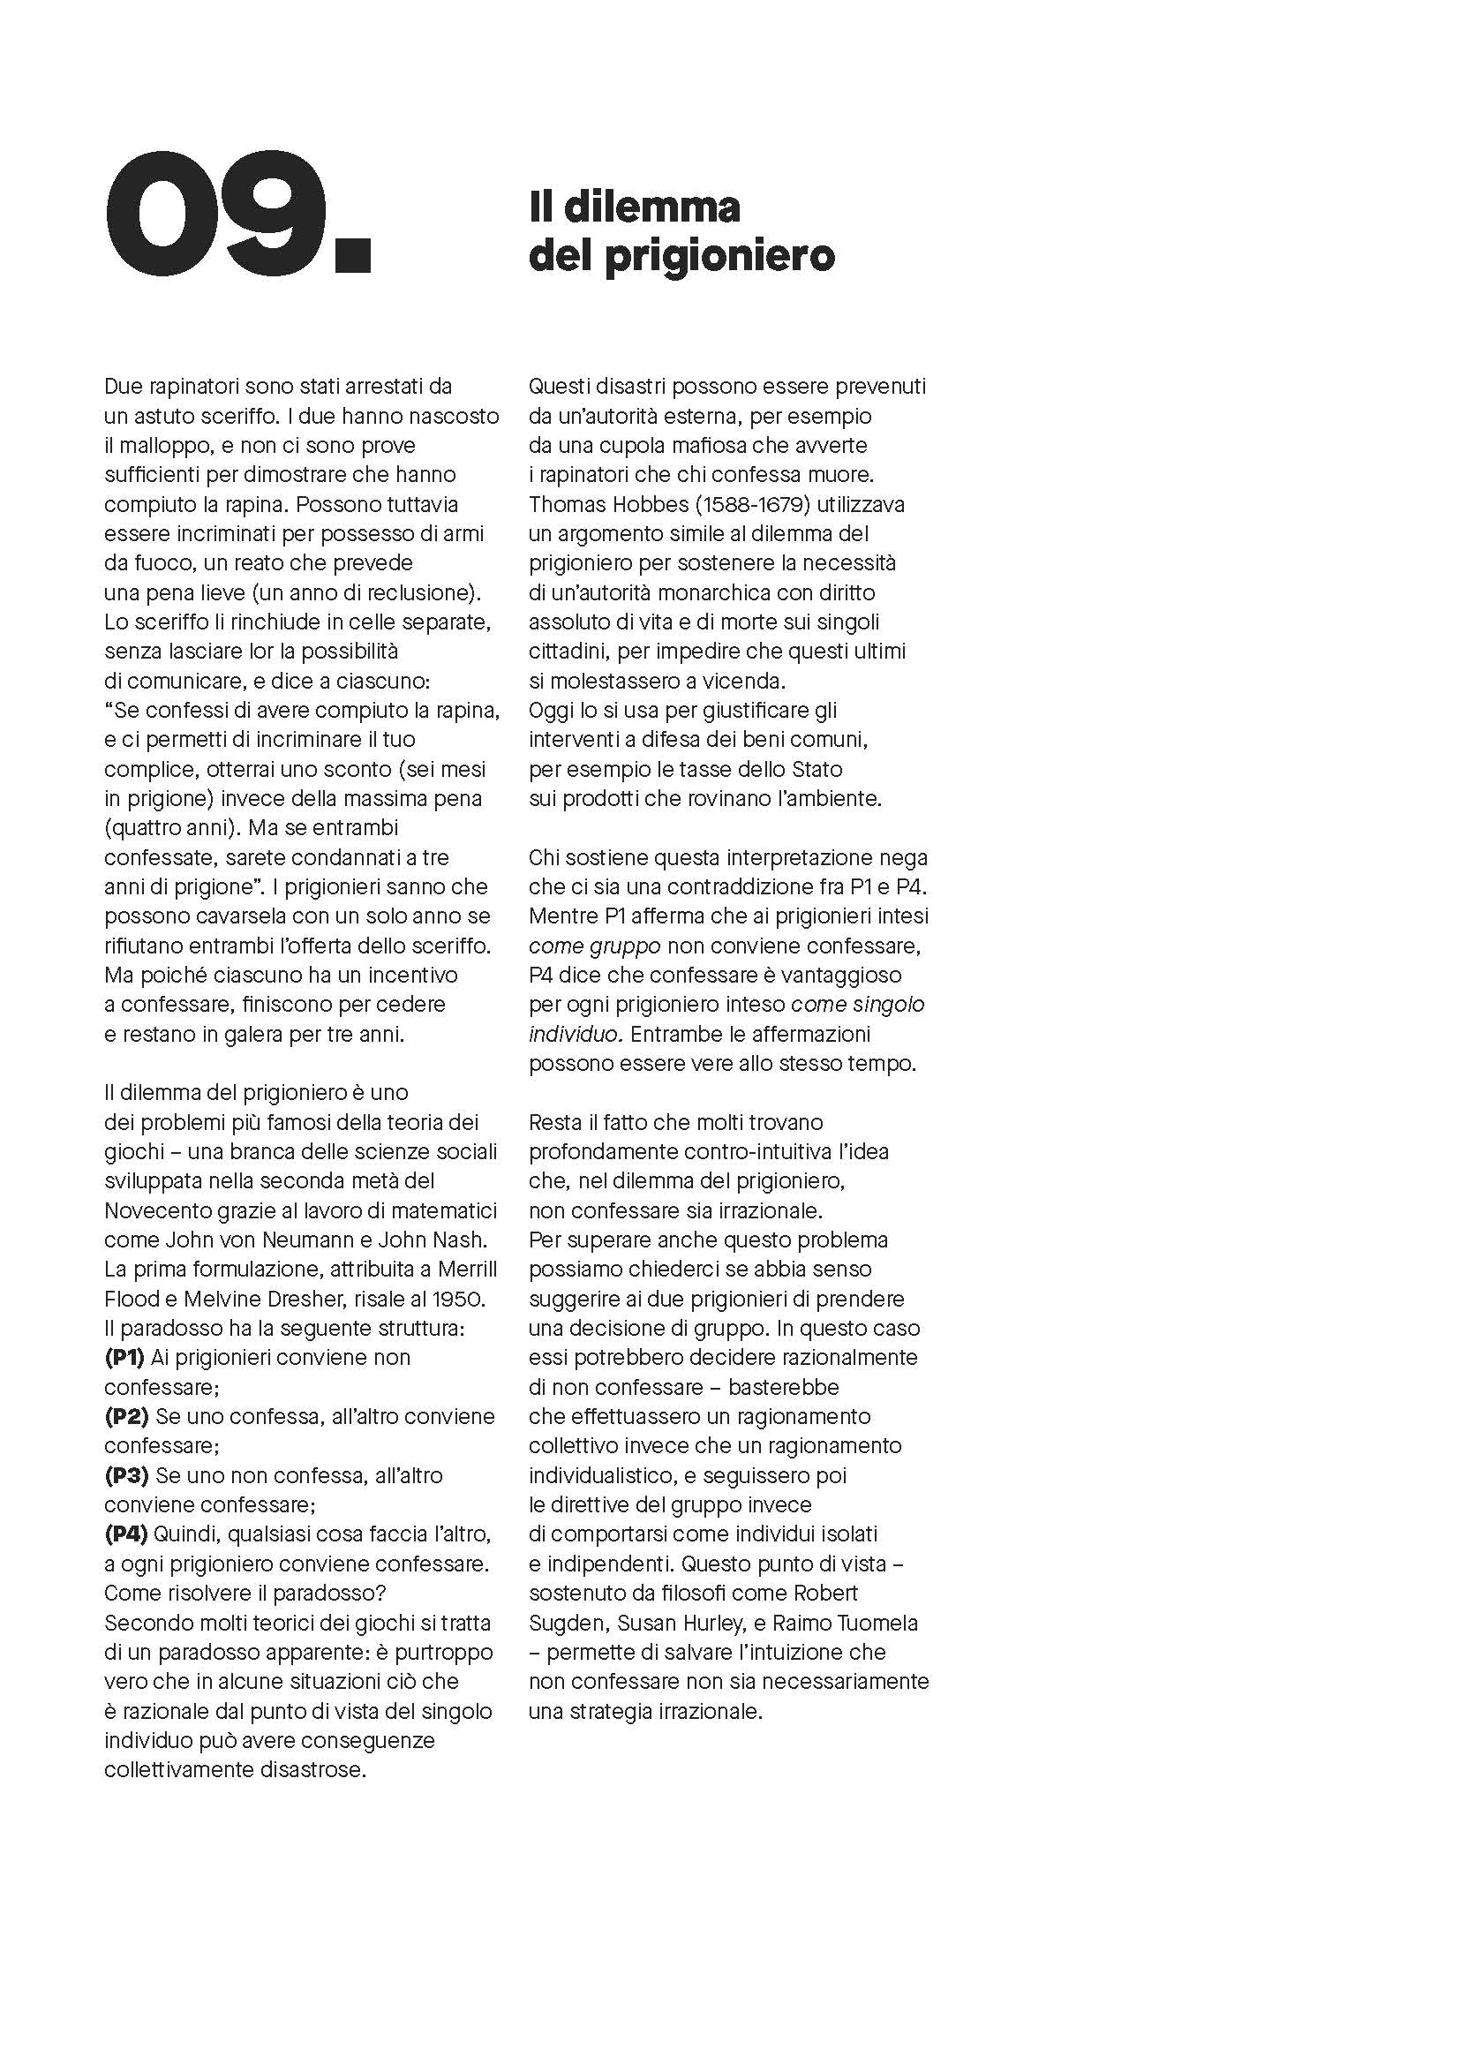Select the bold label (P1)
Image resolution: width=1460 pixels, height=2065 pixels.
[125, 1357]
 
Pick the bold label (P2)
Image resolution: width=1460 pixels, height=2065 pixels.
[126, 1416]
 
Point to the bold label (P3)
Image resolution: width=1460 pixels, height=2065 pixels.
[126, 1475]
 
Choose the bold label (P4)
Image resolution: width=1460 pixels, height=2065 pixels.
[126, 1534]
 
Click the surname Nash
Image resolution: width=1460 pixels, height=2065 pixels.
[458, 1240]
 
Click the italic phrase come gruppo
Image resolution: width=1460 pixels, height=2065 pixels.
[594, 946]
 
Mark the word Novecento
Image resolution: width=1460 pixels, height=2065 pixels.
[154, 1210]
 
